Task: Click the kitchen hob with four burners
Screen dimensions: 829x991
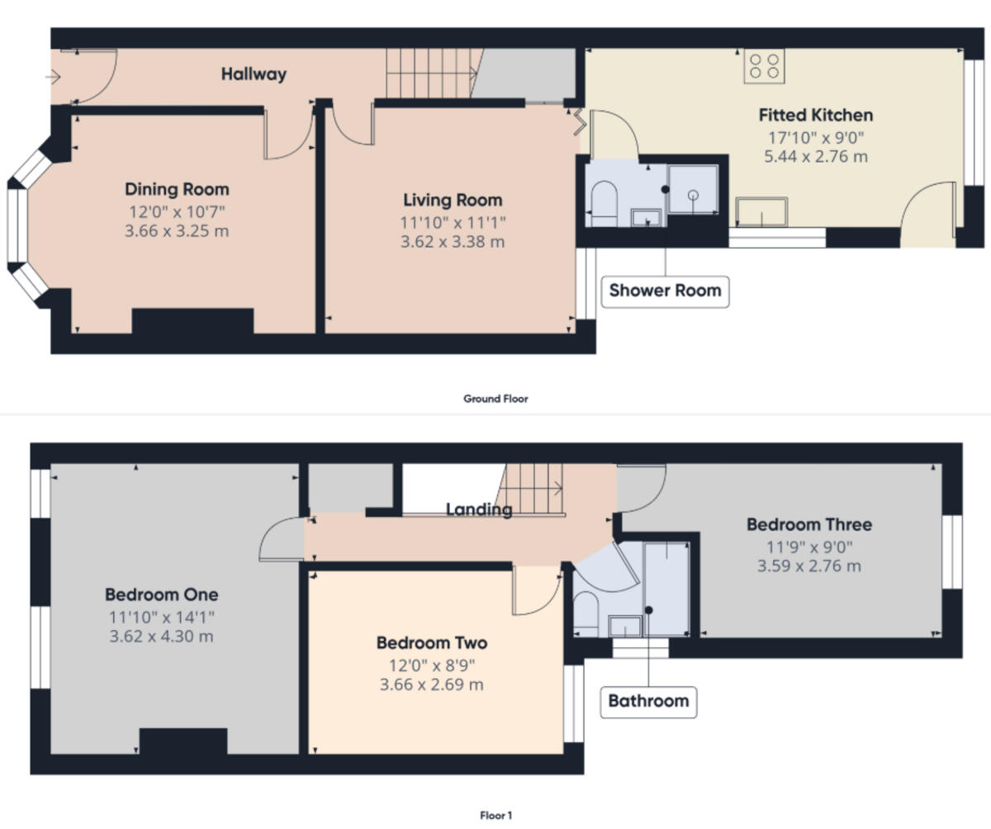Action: pos(764,66)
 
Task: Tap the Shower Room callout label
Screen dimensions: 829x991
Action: pos(665,291)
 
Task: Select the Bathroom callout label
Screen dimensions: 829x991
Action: pos(648,701)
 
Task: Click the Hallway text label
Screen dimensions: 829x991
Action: pos(254,74)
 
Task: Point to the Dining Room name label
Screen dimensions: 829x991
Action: pos(177,189)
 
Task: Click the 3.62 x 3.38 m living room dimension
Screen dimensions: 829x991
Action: pos(453,242)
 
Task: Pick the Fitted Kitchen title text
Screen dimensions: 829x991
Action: pos(816,115)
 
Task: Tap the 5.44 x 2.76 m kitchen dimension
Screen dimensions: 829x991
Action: pos(816,157)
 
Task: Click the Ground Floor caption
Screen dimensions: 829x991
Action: pos(495,399)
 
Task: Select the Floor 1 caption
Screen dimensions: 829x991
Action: pos(495,816)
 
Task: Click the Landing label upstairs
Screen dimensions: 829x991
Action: pos(479,509)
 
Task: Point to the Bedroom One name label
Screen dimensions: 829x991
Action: pos(161,595)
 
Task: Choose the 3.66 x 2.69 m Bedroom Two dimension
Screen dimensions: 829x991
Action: pos(432,685)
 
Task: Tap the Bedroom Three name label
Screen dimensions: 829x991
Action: pos(808,524)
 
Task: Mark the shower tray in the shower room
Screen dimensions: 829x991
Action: pos(693,190)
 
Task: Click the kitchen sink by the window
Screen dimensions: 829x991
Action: pos(762,211)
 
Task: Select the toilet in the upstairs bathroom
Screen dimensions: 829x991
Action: pos(586,613)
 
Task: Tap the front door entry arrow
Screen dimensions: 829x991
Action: pos(54,78)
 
